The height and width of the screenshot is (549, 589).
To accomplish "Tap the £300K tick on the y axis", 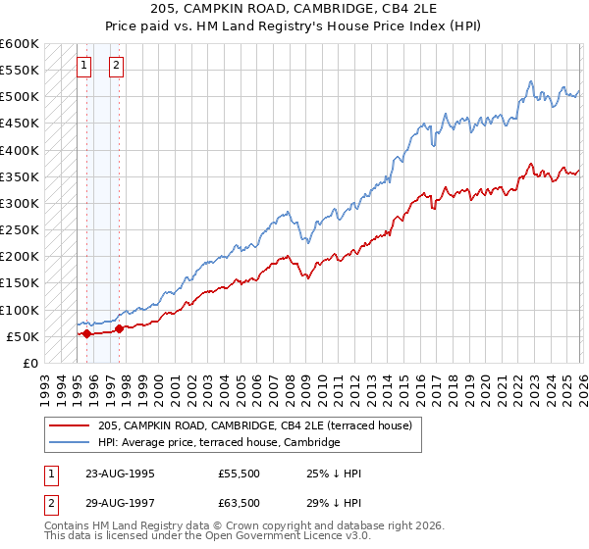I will [20, 204].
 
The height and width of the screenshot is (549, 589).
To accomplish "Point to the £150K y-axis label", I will [20, 283].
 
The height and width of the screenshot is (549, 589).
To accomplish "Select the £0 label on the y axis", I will [30, 364].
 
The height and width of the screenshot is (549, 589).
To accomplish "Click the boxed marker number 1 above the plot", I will [84, 66].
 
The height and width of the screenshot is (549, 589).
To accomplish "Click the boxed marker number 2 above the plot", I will [116, 66].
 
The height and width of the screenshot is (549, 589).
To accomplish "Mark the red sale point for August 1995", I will [86, 333].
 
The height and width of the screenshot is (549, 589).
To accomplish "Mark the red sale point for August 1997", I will [119, 329].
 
